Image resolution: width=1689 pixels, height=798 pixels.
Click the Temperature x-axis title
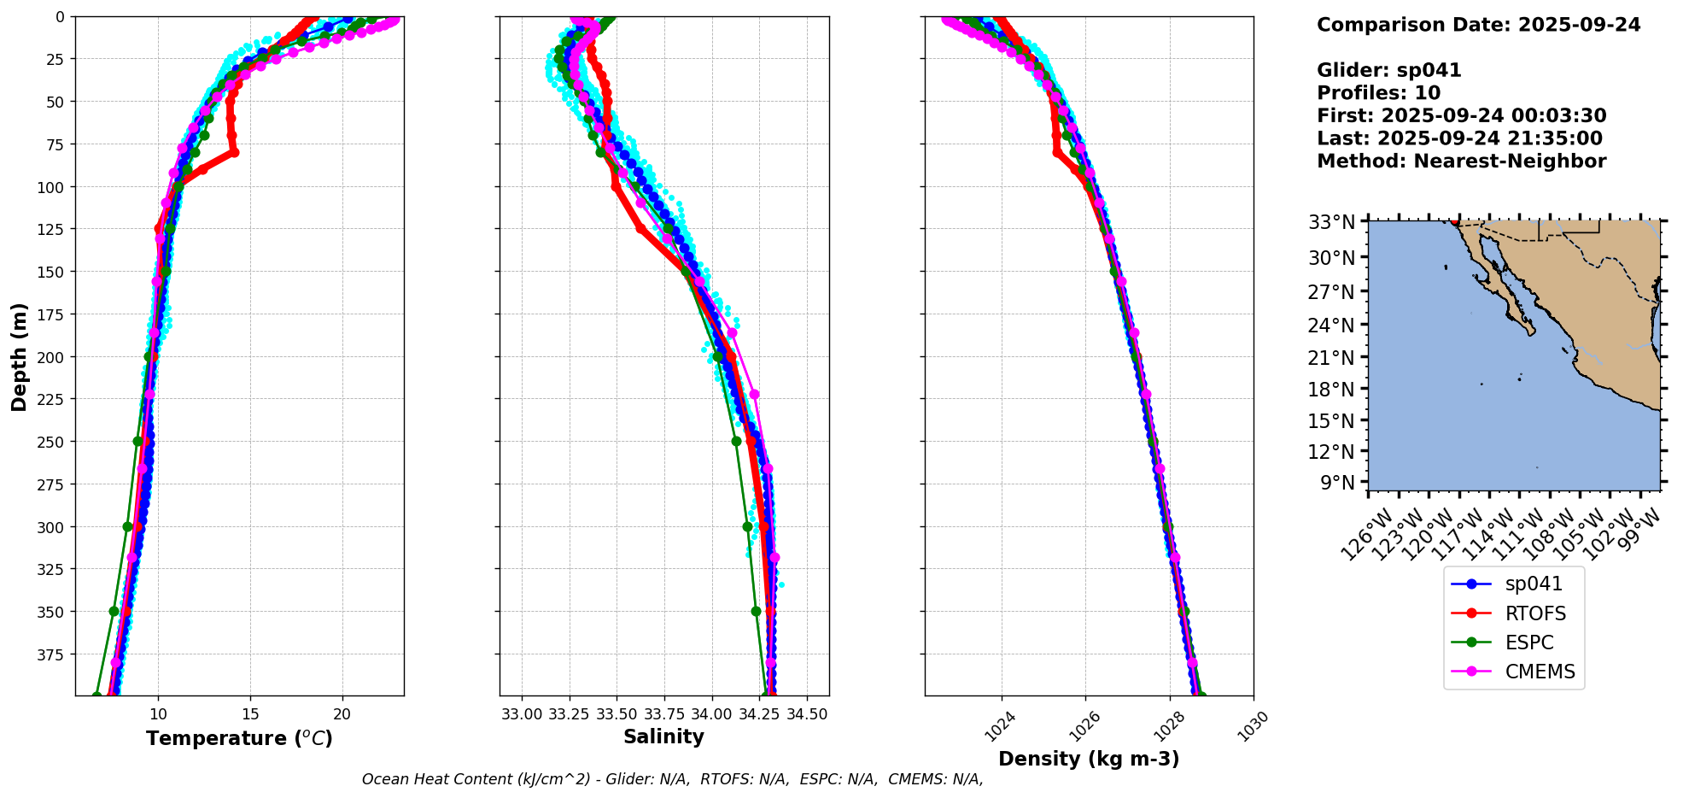239,738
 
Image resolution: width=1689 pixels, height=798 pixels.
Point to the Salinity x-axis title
663,736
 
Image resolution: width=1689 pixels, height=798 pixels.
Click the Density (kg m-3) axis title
1089,759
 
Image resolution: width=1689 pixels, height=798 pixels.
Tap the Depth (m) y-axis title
20,356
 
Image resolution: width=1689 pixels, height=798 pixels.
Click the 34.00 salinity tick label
711,713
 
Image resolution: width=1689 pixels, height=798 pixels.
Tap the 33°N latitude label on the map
1332,223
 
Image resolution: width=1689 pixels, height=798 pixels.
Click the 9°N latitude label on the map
1337,483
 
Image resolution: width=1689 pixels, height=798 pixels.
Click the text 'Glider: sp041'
1388,71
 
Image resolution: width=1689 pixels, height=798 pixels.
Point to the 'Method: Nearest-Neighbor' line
1461,161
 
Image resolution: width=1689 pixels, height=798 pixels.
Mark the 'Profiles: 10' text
1378,93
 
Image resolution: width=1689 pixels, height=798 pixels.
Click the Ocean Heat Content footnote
672,779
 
